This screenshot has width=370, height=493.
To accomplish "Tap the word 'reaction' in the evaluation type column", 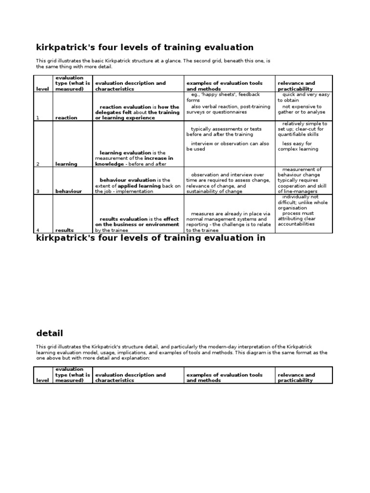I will pyautogui.click(x=66, y=118).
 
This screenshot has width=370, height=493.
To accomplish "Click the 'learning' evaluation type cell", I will pyautogui.click(x=66, y=164).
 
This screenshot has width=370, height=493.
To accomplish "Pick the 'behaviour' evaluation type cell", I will pyautogui.click(x=68, y=191).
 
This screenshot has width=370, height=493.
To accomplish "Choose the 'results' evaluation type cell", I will pyautogui.click(x=65, y=231).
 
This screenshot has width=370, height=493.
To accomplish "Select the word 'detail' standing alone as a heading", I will pyautogui.click(x=50, y=333).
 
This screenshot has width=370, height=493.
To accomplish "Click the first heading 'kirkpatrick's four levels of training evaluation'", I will pyautogui.click(x=145, y=47).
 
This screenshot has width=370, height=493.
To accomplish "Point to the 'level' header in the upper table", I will pyautogui.click(x=42, y=89).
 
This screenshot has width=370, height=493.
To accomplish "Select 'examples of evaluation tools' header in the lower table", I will pyautogui.click(x=225, y=375).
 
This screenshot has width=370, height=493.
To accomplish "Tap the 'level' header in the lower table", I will pyautogui.click(x=42, y=380).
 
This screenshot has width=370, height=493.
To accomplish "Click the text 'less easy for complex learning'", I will pyautogui.click(x=298, y=146).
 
